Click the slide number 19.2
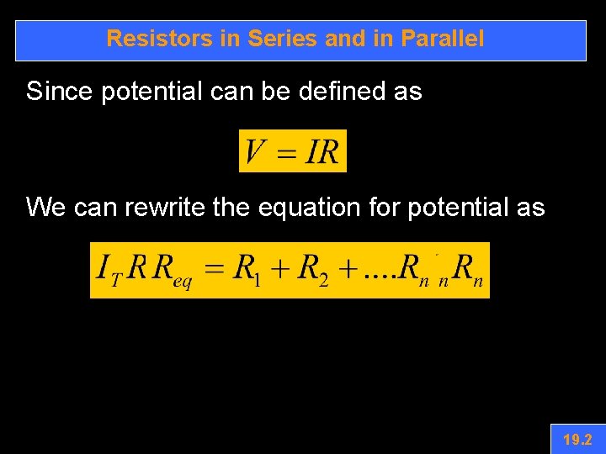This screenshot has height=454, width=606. pos(577,440)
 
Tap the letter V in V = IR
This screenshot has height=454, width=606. pos(257,152)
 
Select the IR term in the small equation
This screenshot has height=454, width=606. pos(323,152)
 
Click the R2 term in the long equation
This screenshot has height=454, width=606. pos(313,270)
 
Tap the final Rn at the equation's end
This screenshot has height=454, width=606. pos(468,270)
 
